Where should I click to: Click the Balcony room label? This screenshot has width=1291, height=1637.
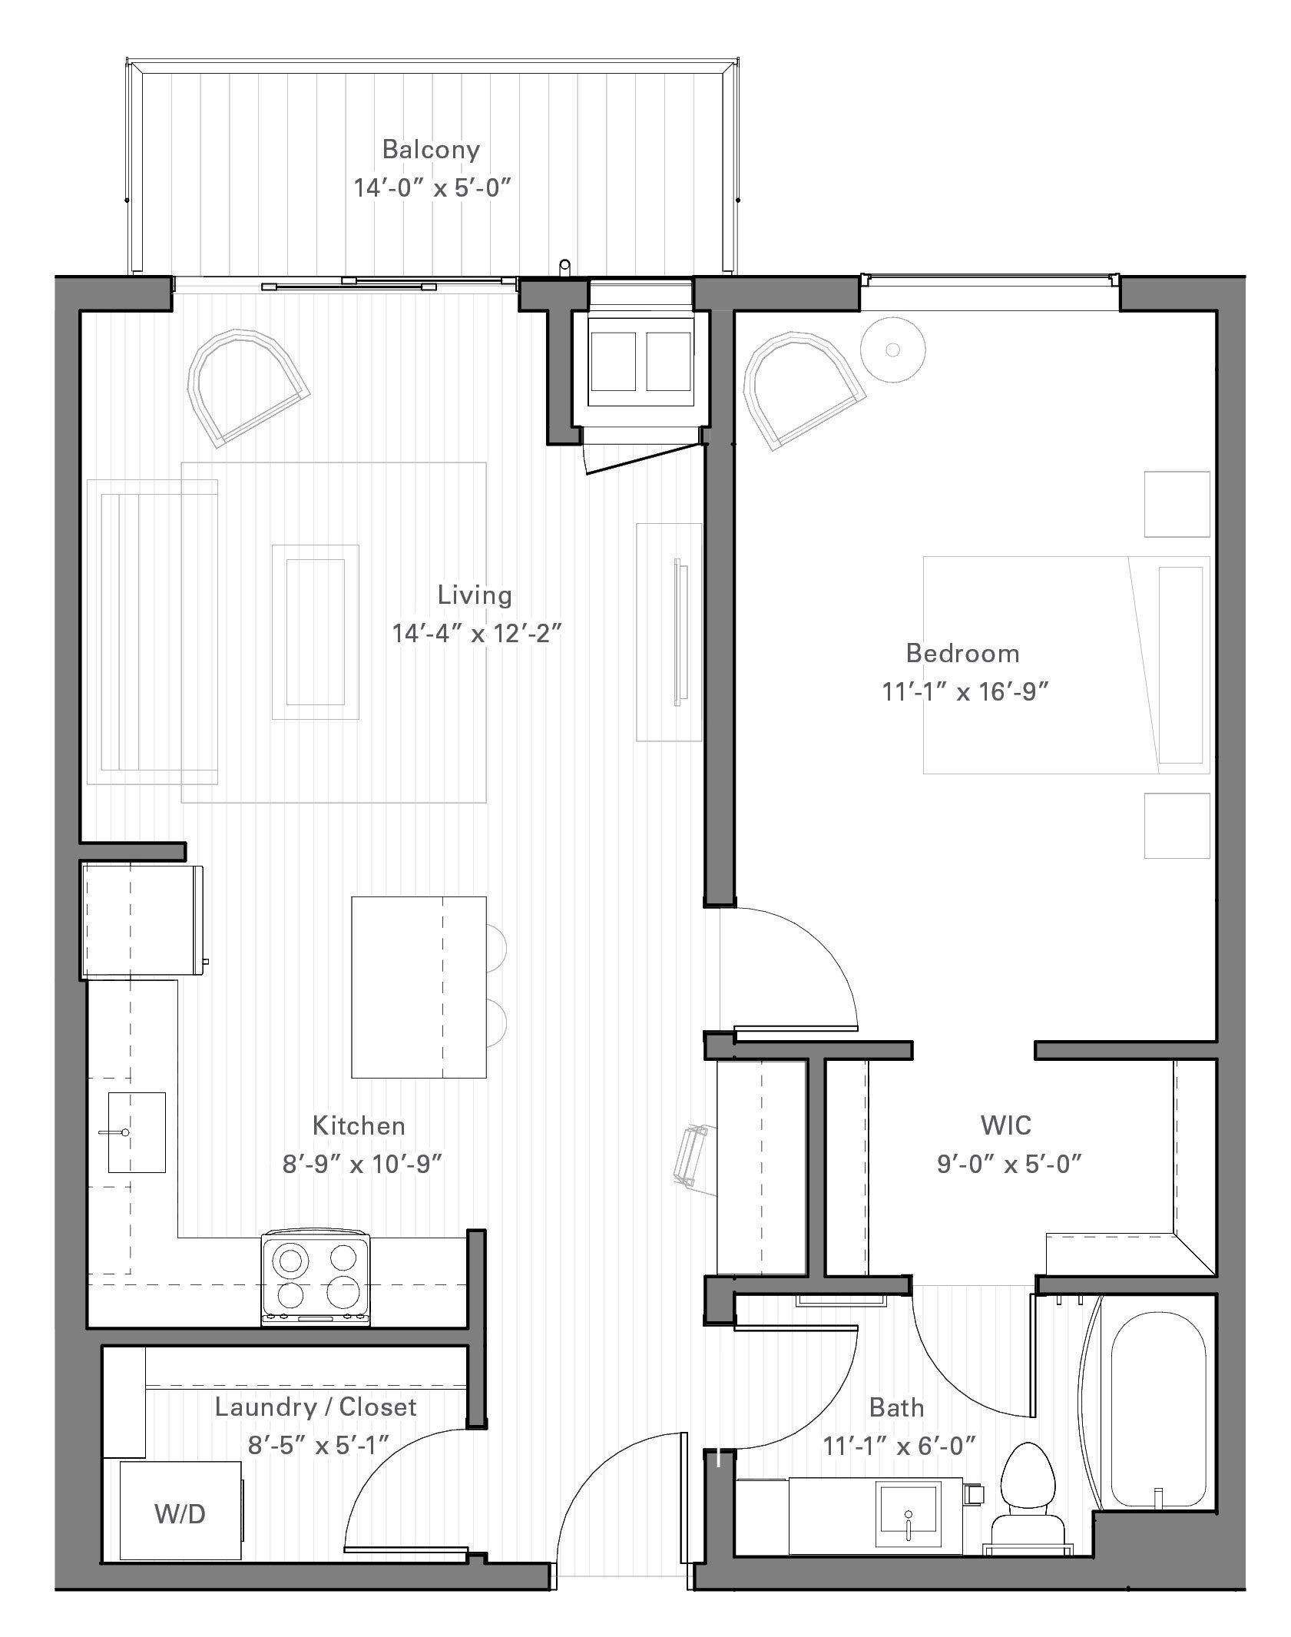click(431, 150)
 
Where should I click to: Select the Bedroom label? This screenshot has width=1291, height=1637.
click(963, 653)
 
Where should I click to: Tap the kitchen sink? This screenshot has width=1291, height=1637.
click(137, 1132)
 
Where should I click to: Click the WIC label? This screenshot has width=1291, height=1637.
click(1006, 1125)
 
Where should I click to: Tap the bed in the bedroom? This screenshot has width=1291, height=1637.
click(1066, 664)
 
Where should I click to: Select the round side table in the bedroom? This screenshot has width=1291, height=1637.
click(892, 350)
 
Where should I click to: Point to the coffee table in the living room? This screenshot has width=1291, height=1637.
click(316, 632)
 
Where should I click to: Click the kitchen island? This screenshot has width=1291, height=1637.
click(419, 987)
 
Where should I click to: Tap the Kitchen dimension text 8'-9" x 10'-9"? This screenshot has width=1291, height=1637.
click(362, 1165)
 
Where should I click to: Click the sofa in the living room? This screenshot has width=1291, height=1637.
click(152, 632)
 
